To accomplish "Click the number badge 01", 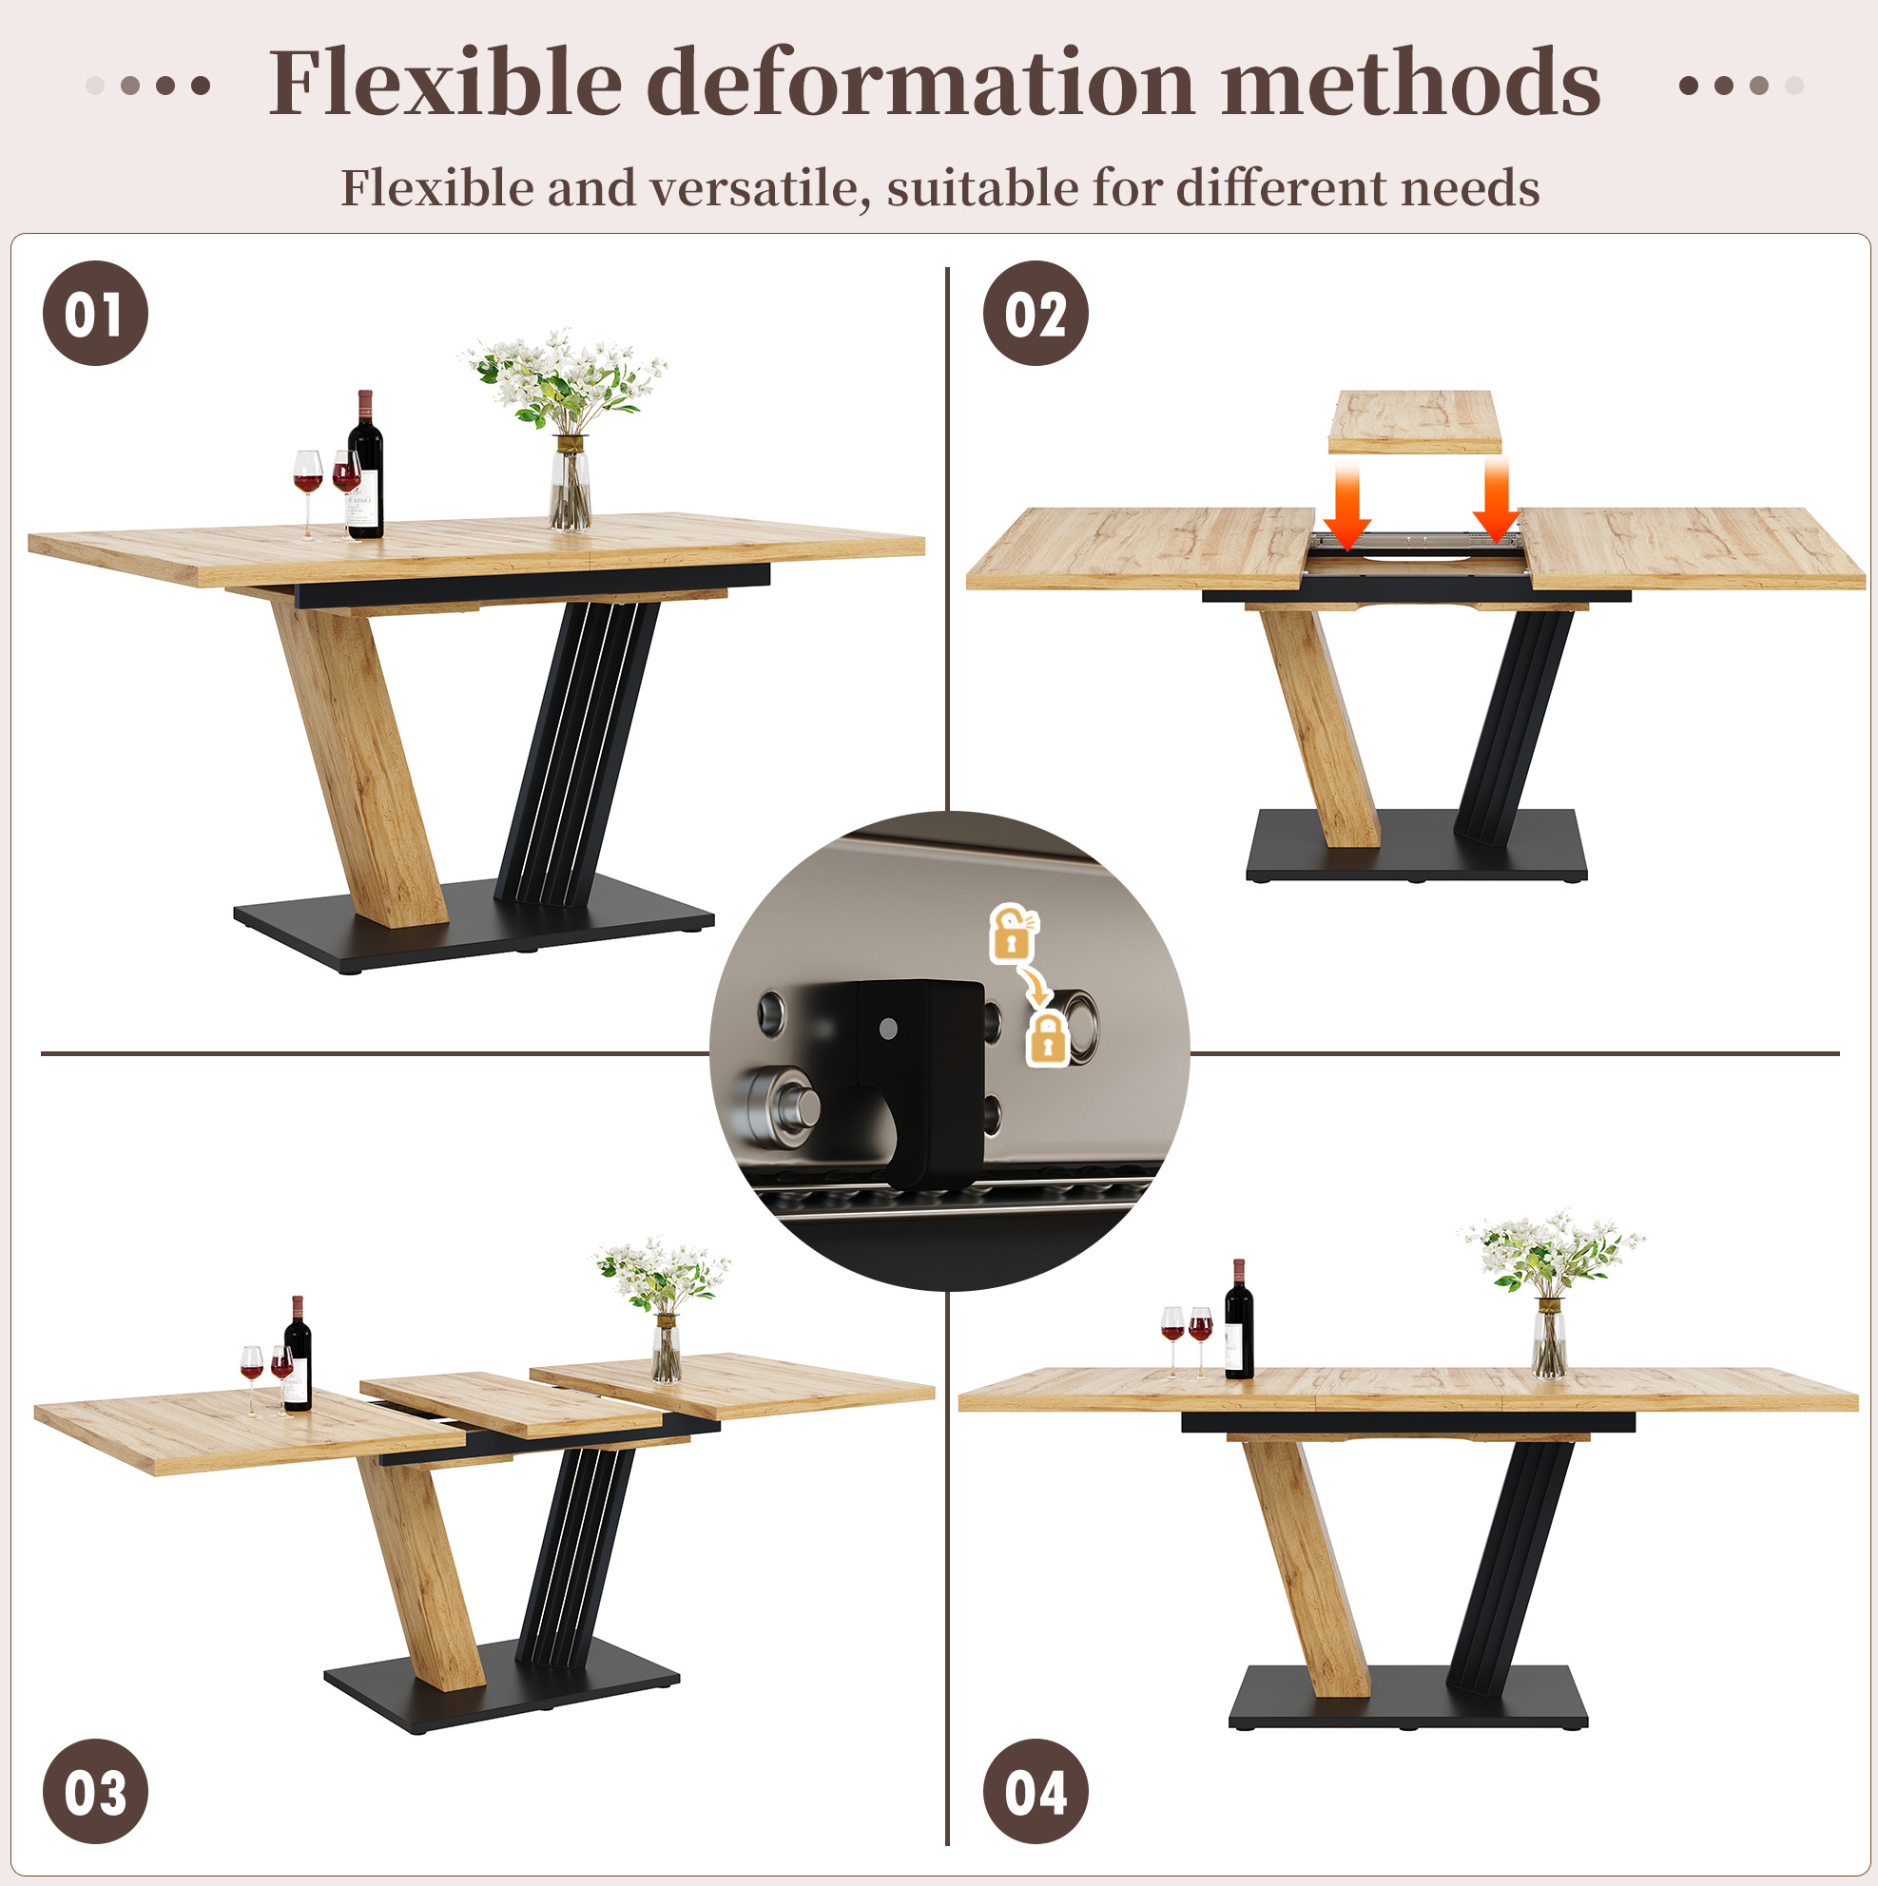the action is pyautogui.click(x=95, y=314).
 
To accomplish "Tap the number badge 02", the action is pyautogui.click(x=1036, y=314).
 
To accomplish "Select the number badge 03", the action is pyautogui.click(x=95, y=1791).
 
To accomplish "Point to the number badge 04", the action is pyautogui.click(x=1036, y=1791).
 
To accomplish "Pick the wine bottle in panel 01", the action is pyautogui.click(x=365, y=465).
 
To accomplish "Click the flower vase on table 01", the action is pyautogui.click(x=570, y=482).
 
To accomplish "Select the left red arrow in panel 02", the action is pyautogui.click(x=1346, y=506).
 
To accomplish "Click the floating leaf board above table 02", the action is pyautogui.click(x=1414, y=422).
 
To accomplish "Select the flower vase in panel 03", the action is pyautogui.click(x=666, y=1348).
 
